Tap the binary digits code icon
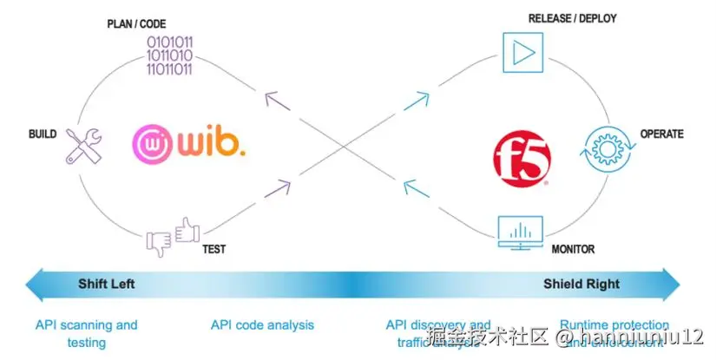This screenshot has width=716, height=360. (x=169, y=55)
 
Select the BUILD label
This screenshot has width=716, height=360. (x=43, y=134)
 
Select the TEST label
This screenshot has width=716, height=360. (x=213, y=249)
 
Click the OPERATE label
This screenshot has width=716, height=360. (x=661, y=134)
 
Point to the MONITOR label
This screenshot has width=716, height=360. (x=573, y=249)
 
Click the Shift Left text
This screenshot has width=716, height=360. (x=107, y=284)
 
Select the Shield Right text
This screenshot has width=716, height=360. (x=581, y=284)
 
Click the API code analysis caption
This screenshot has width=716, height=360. (x=262, y=325)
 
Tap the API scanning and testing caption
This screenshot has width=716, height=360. (x=86, y=333)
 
